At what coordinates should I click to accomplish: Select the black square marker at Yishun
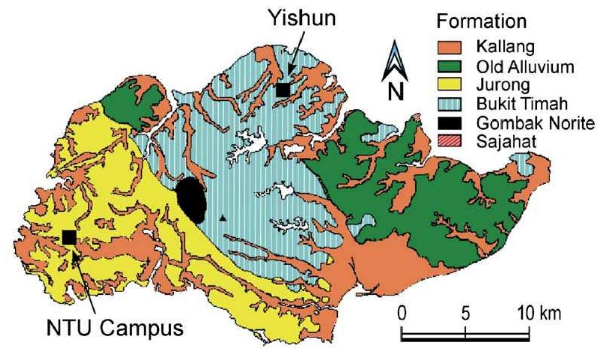283,89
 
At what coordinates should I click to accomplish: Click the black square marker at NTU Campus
69,236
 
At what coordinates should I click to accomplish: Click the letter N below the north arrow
396,91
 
